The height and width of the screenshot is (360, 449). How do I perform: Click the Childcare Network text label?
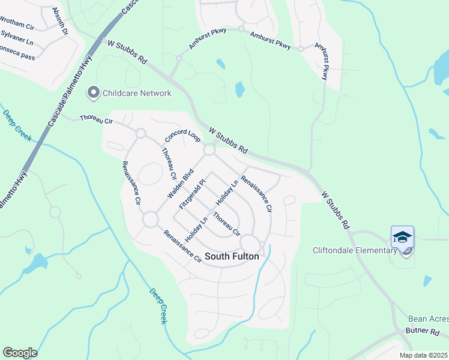[x=137, y=93]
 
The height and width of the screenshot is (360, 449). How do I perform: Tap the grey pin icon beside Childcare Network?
[x=93, y=93]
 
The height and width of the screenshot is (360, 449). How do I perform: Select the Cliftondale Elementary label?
[x=354, y=250]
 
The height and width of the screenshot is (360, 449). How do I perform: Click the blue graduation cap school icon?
[x=402, y=237]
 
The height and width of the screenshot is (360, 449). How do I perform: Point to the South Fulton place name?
[x=232, y=256]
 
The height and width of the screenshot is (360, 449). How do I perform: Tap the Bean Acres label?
[x=428, y=319]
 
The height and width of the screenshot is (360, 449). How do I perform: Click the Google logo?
[x=20, y=353]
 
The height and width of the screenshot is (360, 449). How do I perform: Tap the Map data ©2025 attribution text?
[x=423, y=355]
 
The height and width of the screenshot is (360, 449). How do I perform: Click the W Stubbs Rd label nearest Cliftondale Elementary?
[x=336, y=211]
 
